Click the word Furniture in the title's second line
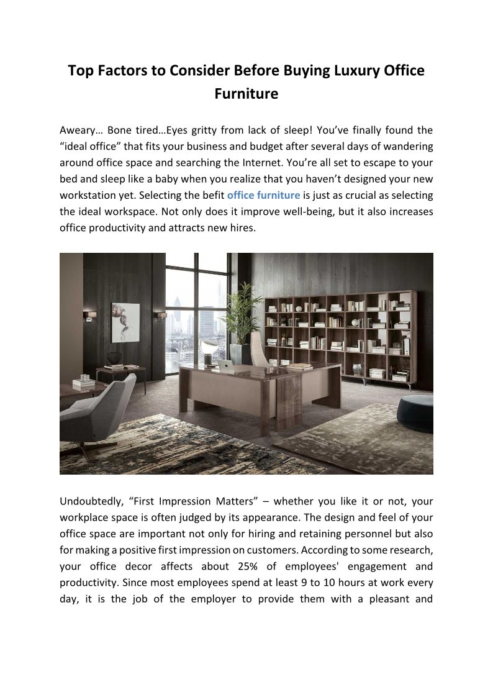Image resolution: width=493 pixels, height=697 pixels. [246, 94]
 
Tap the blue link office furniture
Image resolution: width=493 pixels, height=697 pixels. [263, 195]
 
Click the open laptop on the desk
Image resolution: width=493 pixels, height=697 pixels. [227, 367]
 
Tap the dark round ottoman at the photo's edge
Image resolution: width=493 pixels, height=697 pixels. [415, 412]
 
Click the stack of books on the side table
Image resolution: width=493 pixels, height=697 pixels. [83, 383]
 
